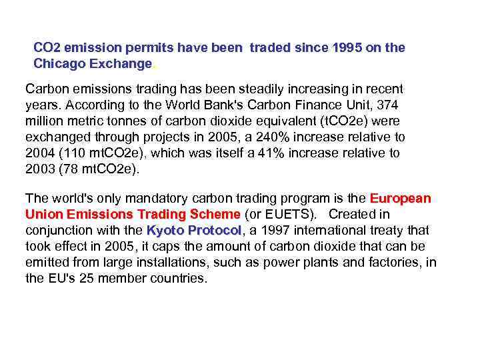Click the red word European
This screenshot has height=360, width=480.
[401, 199]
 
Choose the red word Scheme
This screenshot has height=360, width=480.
[215, 215]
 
